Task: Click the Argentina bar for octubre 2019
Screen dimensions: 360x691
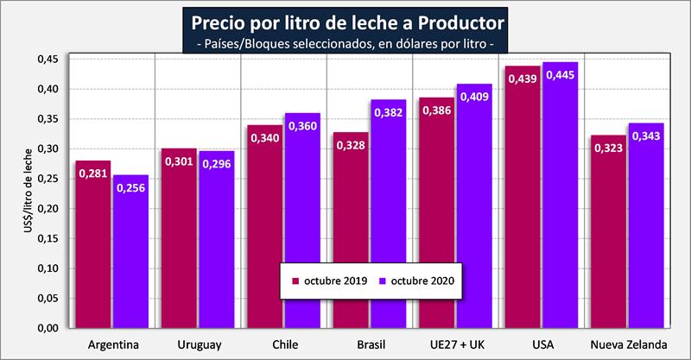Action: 93,250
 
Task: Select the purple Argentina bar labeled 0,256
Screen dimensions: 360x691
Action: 130,259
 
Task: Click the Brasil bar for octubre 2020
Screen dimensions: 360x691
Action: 388,216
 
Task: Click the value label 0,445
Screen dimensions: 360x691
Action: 559,73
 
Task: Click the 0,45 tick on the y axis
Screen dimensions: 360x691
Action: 48,60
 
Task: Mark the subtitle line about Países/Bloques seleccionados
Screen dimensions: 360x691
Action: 345,41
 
